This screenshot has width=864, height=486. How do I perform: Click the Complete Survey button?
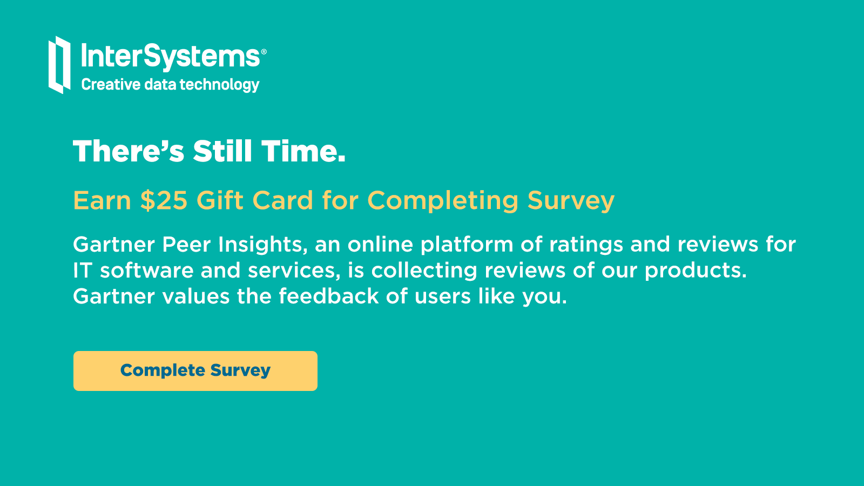tap(195, 370)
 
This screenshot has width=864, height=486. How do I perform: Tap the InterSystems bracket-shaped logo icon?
tap(59, 65)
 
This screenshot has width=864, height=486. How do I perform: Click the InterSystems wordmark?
tap(171, 56)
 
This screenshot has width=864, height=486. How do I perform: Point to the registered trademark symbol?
tap(264, 52)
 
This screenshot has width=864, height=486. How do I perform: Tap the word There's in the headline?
tap(129, 151)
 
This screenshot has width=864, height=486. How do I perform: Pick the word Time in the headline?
tap(303, 151)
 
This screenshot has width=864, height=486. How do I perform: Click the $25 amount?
tap(164, 200)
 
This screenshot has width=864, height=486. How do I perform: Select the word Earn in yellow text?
tap(102, 200)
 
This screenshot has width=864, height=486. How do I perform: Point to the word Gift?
tap(220, 200)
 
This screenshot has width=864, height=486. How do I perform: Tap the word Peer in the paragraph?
tap(186, 244)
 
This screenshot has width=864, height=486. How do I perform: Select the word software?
tap(146, 270)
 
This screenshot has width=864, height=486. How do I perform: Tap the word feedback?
tap(329, 296)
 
